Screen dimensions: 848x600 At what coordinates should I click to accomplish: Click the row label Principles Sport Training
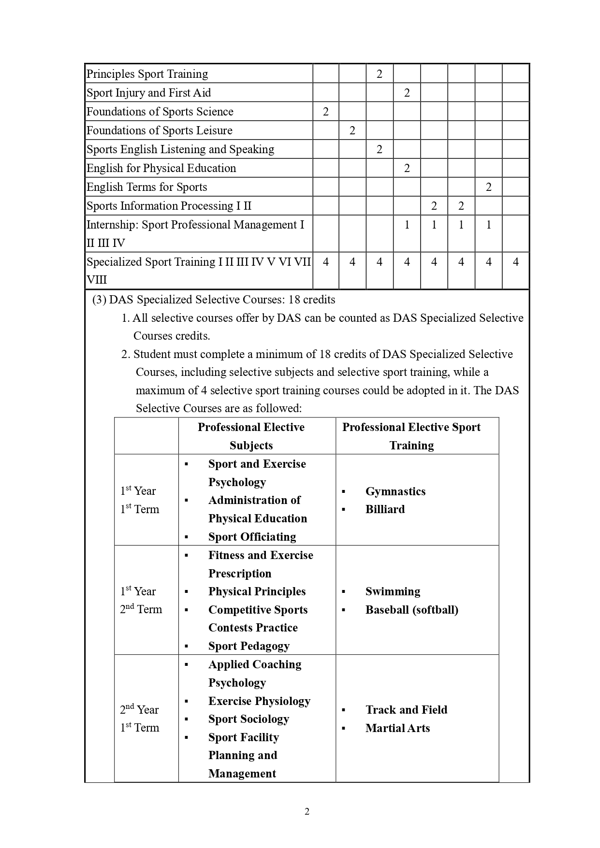click(x=147, y=74)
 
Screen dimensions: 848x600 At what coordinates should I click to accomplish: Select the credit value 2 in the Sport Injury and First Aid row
click(x=407, y=93)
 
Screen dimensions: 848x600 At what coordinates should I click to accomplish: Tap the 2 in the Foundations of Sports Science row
click(x=325, y=112)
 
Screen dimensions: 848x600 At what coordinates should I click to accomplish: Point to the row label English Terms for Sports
click(x=146, y=187)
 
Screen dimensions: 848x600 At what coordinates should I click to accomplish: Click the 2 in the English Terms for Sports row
click(x=488, y=187)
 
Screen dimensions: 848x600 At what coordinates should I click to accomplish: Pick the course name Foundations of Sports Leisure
click(x=159, y=130)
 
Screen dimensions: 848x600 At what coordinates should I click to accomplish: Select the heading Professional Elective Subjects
click(x=251, y=436)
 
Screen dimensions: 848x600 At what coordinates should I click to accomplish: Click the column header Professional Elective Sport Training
click(x=411, y=436)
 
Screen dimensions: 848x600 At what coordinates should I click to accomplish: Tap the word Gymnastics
click(x=395, y=491)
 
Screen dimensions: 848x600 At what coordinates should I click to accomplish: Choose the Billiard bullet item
click(x=385, y=509)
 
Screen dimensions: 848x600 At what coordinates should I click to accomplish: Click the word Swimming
click(x=393, y=591)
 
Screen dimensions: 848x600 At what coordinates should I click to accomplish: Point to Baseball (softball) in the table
click(x=411, y=610)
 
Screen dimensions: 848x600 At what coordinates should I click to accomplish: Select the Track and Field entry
click(x=406, y=710)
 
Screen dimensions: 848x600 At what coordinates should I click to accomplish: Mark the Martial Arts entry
click(x=397, y=728)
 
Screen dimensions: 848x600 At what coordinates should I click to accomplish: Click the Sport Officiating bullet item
click(x=252, y=537)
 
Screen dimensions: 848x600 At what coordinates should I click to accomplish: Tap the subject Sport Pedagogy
click(x=249, y=646)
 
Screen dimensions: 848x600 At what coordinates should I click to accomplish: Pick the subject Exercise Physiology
click(x=259, y=701)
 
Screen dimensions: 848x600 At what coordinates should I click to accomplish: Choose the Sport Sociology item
click(x=249, y=719)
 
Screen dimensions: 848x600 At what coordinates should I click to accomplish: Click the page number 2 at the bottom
click(x=307, y=811)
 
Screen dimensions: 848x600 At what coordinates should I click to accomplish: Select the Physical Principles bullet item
click(x=257, y=591)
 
